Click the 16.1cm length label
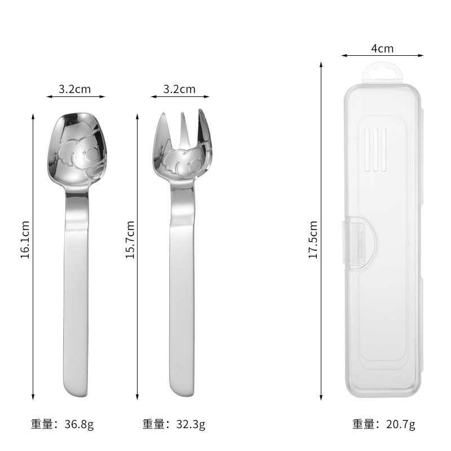(25, 240)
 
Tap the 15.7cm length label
(130, 240)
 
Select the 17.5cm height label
(313, 240)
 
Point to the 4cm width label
(382, 48)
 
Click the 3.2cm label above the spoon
(75, 89)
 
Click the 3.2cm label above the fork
(179, 89)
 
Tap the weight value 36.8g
(79, 425)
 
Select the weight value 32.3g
(191, 425)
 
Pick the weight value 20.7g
(401, 425)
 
